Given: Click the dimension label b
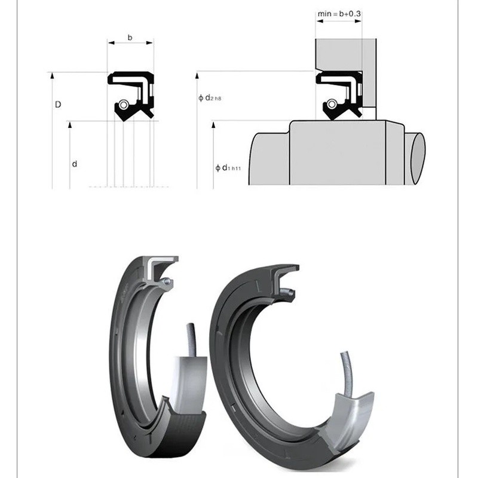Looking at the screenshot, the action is (130, 38).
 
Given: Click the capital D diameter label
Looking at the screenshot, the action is (58, 105).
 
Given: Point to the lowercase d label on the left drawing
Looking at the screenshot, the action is (74, 164).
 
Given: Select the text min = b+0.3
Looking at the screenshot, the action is (339, 14).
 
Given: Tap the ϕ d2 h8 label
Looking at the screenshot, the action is (210, 97).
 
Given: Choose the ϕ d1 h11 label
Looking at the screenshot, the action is (228, 168).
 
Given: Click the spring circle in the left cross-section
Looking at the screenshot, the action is (124, 105).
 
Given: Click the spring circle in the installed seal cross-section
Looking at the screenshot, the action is (332, 104).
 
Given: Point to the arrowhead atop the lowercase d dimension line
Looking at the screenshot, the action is (70, 124).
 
